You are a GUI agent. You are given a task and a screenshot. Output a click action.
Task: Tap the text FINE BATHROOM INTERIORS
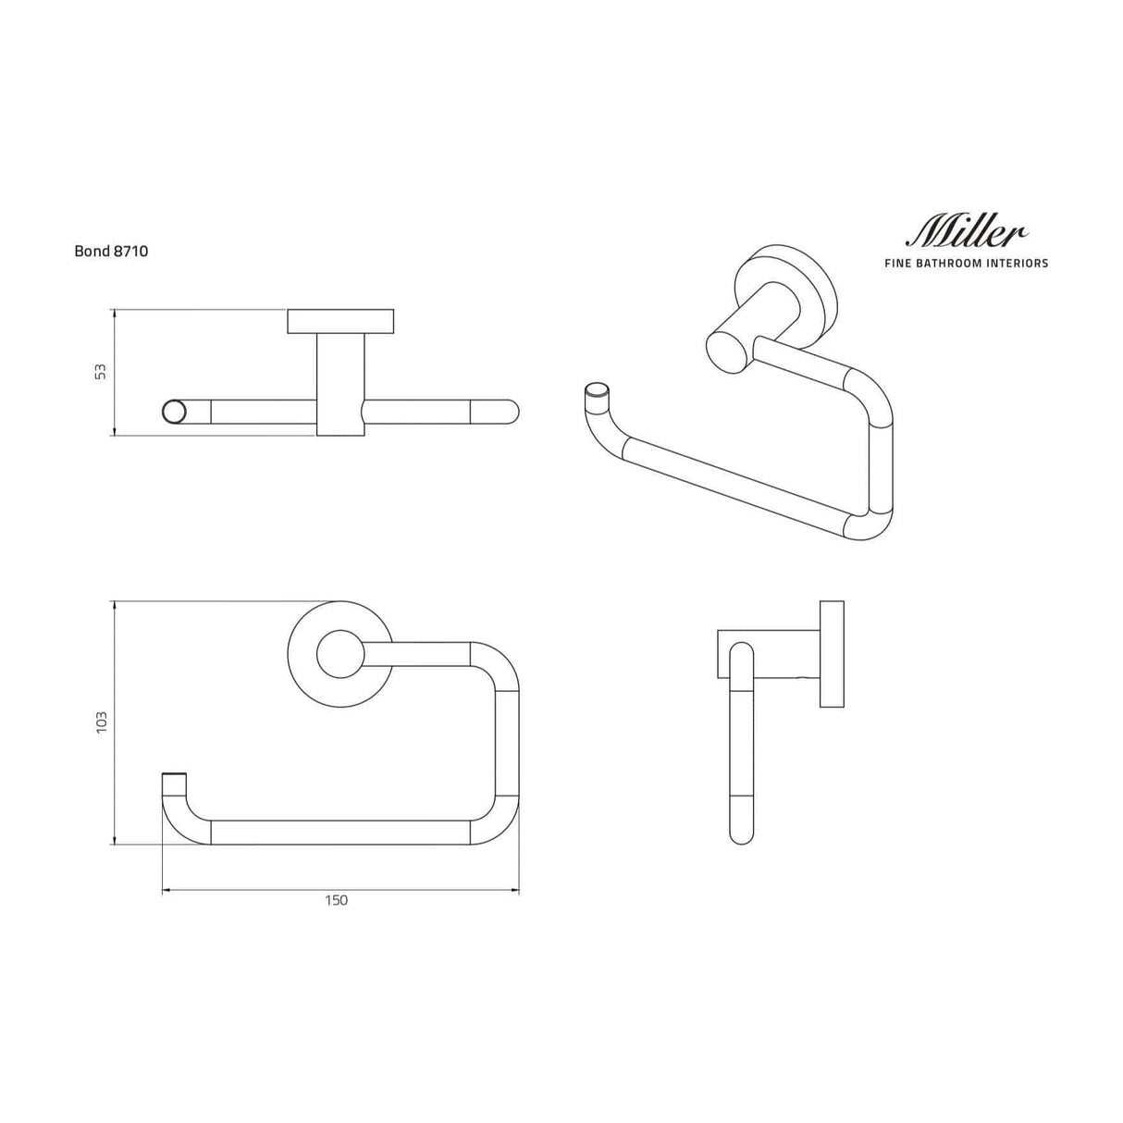[967, 264]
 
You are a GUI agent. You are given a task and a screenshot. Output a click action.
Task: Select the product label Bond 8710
[111, 251]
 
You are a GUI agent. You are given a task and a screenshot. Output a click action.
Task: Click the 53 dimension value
[101, 371]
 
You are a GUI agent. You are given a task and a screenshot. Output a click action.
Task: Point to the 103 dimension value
[101, 722]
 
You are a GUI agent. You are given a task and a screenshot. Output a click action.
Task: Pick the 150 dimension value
[337, 900]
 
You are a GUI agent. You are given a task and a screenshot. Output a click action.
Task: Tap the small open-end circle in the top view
[173, 412]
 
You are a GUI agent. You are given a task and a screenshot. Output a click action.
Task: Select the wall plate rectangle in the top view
[340, 321]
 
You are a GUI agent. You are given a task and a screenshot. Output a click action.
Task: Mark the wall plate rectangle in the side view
[832, 654]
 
